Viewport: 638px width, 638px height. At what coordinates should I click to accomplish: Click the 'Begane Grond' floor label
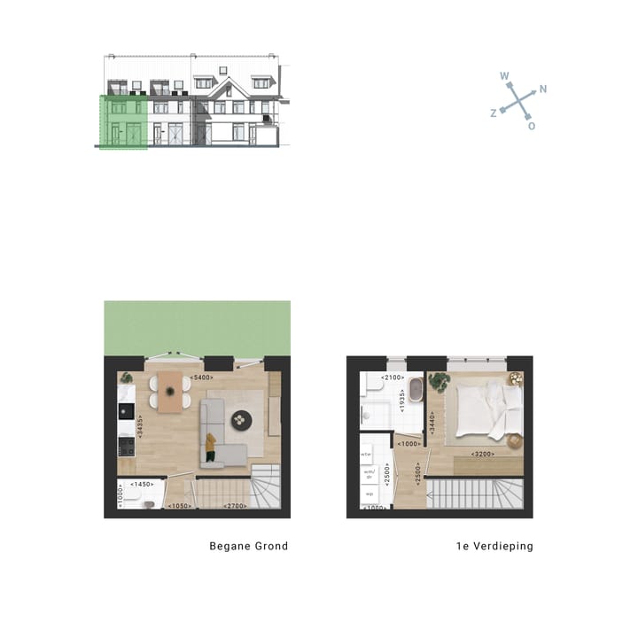coord(248,546)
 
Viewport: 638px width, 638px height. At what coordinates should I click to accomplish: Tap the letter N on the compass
coord(542,89)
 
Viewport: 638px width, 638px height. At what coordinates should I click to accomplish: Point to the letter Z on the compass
coord(494,113)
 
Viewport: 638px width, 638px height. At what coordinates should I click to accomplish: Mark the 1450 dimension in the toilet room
coord(143,485)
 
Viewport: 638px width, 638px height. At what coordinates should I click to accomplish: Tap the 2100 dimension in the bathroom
coord(393,378)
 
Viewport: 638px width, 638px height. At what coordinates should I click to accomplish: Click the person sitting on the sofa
coord(212,446)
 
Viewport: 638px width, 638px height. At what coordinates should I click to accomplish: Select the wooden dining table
coord(170,390)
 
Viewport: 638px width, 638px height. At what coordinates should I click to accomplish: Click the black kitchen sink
coord(126,412)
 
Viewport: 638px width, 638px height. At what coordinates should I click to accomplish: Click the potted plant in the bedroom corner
coord(439,383)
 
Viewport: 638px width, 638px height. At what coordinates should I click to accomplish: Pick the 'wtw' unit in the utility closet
coord(366,455)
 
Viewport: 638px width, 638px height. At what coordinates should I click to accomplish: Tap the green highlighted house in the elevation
coord(123,121)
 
